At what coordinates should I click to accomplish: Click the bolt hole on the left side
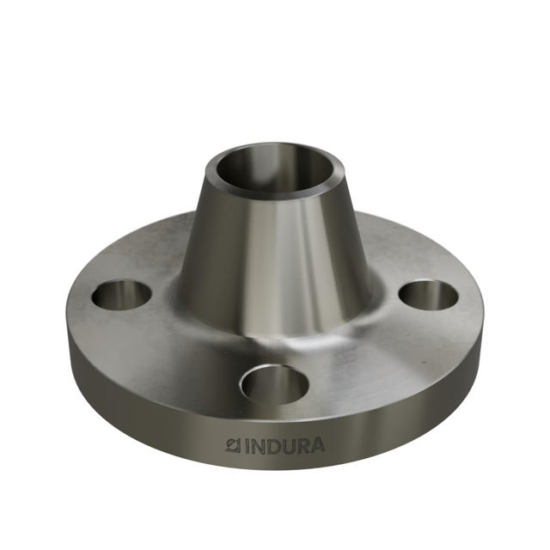click(121, 295)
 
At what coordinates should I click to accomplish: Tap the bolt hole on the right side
click(428, 296)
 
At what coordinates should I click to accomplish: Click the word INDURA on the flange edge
click(275, 447)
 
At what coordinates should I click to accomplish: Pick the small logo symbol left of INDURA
click(231, 446)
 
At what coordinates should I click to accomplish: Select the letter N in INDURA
click(256, 447)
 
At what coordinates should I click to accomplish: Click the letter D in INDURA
click(271, 447)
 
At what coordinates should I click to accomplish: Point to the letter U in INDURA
click(285, 447)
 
